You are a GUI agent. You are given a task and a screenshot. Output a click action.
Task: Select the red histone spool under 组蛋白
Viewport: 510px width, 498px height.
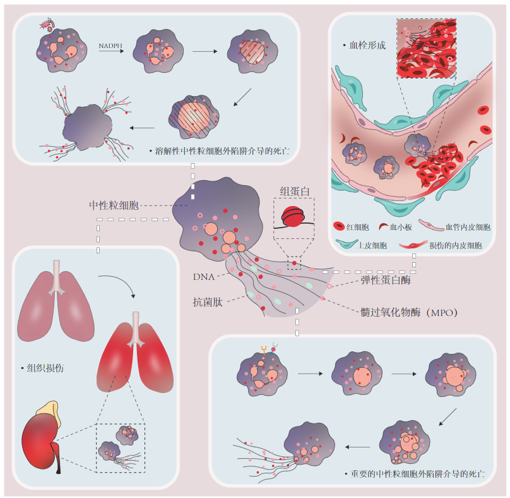tap(294, 216)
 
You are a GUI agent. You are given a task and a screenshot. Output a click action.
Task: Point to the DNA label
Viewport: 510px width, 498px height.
tap(205, 276)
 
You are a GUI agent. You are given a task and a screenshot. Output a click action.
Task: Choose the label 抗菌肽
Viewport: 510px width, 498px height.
tap(207, 302)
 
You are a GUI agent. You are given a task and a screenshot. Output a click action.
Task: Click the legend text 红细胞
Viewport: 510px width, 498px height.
tap(355, 226)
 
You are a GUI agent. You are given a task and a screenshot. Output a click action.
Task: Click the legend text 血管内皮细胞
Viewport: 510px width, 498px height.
tap(468, 226)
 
